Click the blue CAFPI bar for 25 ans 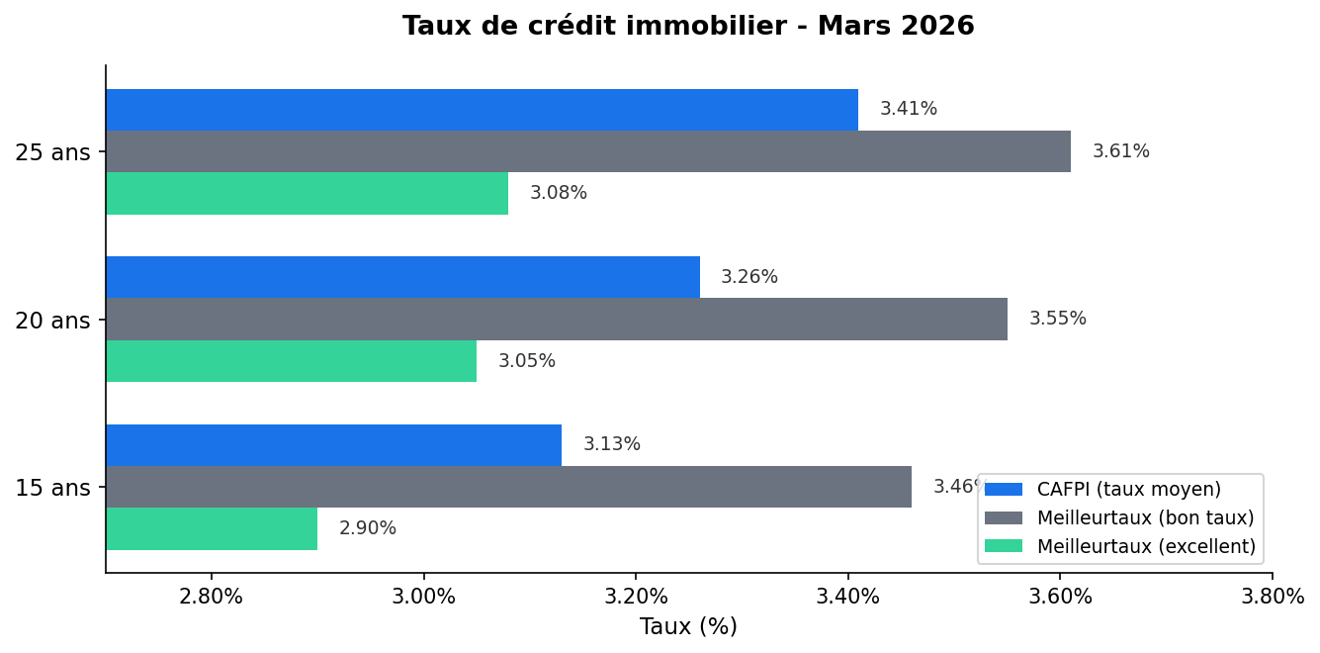(x=482, y=110)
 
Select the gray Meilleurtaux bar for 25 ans (x=588, y=151)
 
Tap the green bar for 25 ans (x=307, y=193)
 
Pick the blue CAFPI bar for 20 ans (x=402, y=277)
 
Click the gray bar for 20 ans (x=557, y=319)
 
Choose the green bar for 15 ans (x=212, y=528)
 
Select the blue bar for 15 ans (x=333, y=445)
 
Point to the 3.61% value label (x=1120, y=151)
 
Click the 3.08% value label (x=558, y=193)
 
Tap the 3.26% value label (x=748, y=277)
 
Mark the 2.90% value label (x=367, y=528)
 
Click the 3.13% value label (x=611, y=444)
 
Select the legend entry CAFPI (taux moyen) (x=1128, y=489)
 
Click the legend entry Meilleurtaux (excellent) (x=1145, y=546)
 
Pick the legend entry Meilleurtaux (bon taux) (x=1144, y=517)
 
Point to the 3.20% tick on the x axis (x=636, y=597)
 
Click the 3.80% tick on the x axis (x=1272, y=597)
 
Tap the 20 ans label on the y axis (x=52, y=320)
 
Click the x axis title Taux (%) (x=688, y=626)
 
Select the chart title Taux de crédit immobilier (x=688, y=27)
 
